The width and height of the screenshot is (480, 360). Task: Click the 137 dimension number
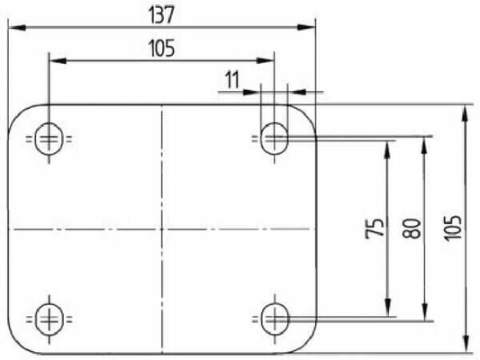pyautogui.click(x=161, y=15)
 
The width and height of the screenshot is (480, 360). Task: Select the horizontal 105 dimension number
pyautogui.click(x=161, y=49)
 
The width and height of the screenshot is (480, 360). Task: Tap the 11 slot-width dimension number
pyautogui.click(x=232, y=80)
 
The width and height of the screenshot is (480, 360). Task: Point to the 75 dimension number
pyautogui.click(x=375, y=228)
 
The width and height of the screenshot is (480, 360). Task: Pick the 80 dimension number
pyautogui.click(x=412, y=229)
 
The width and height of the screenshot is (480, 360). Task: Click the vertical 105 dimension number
pyautogui.click(x=453, y=228)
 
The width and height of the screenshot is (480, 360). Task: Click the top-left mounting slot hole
pyautogui.click(x=49, y=139)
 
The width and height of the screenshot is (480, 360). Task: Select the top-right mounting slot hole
pyautogui.click(x=275, y=139)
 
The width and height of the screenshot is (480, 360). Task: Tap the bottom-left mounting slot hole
pyautogui.click(x=50, y=319)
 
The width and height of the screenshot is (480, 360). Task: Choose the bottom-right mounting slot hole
pyautogui.click(x=275, y=319)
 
